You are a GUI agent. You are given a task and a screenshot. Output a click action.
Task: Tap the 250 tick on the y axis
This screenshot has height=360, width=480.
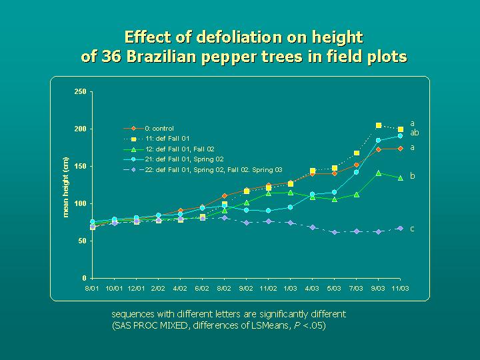(x=81, y=91)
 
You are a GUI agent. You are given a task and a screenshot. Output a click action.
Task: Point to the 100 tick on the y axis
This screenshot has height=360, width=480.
(x=81, y=203)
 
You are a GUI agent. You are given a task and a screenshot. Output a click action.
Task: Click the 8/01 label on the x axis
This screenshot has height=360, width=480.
(x=92, y=287)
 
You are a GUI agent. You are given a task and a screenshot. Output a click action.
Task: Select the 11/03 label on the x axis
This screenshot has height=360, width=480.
(x=400, y=287)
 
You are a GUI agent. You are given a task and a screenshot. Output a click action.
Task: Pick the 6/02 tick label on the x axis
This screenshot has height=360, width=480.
(x=202, y=287)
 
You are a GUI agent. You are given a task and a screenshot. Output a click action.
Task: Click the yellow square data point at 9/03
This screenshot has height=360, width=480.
(x=379, y=125)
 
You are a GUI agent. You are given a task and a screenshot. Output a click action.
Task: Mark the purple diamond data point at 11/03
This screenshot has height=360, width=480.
(x=400, y=228)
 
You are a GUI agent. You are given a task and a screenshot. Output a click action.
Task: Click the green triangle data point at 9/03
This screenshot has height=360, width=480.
(x=379, y=173)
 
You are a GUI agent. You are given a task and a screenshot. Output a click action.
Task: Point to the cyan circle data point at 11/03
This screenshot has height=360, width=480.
(x=400, y=136)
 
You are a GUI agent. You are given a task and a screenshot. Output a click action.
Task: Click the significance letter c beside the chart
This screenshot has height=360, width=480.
(x=412, y=229)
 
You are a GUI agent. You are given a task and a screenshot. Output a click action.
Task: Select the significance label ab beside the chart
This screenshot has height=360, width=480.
(x=414, y=133)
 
